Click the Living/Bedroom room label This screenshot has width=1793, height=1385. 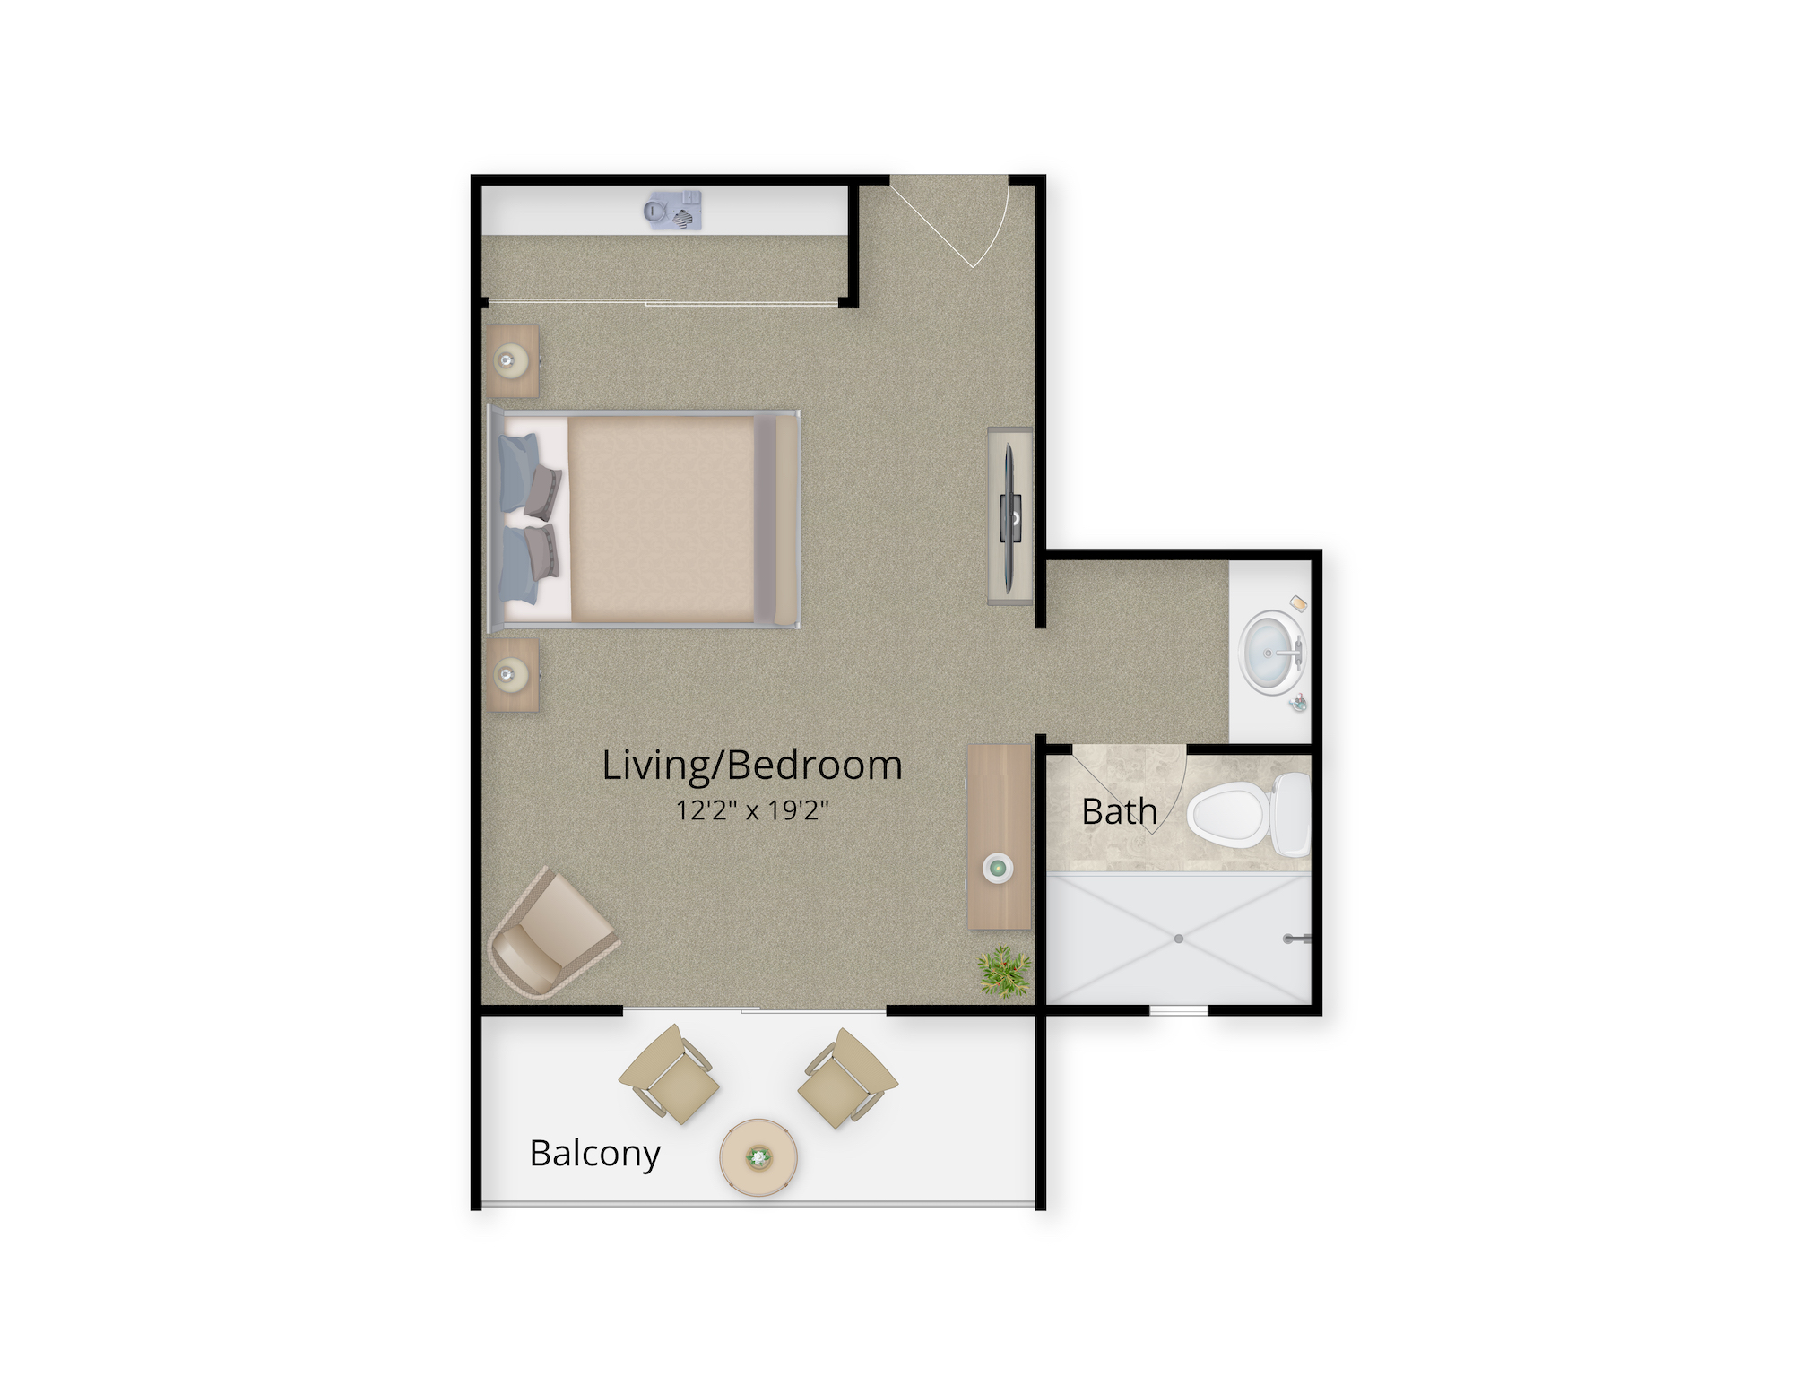click(751, 766)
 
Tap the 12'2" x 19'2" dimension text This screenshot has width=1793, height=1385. click(751, 811)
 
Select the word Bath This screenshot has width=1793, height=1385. click(1119, 812)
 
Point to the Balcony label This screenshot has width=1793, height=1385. click(594, 1153)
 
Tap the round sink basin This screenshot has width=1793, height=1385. click(1269, 650)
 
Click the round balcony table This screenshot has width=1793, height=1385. click(759, 1157)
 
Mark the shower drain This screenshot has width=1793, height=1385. click(1179, 939)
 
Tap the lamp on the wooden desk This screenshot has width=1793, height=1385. click(998, 868)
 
